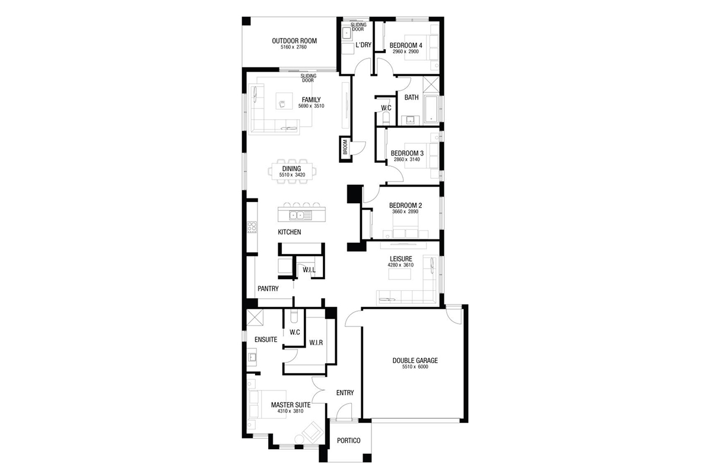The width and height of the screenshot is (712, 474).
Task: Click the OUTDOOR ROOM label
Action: coord(294,41)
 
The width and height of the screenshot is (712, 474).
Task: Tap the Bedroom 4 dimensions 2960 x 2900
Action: coord(406,52)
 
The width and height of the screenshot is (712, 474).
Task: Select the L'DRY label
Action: coord(363,45)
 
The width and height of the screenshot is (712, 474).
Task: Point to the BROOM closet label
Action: coord(345,148)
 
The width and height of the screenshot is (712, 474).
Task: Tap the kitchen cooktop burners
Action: coord(252,228)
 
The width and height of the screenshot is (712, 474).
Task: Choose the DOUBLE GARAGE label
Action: coord(415,361)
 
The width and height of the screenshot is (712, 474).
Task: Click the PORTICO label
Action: coord(349,441)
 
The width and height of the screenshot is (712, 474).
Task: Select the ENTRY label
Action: coord(345,393)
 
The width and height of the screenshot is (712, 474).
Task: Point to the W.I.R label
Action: coord(316,343)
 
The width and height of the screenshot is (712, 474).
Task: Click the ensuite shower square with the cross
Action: coord(255,318)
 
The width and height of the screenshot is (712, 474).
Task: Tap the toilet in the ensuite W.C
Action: coord(294,316)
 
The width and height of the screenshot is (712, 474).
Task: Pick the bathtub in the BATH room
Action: coord(431,109)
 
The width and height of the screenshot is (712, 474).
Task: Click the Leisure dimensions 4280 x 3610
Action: coord(401,265)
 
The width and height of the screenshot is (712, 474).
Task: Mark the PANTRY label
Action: coord(268,289)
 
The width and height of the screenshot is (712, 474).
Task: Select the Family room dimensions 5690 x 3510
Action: coord(311,106)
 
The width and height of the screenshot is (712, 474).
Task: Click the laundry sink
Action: coord(347,33)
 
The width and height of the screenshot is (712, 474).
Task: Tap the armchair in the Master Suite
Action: coord(313,431)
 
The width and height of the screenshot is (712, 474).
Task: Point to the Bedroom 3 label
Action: coord(407,153)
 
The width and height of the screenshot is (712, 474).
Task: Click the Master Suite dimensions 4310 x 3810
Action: coord(290,411)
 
